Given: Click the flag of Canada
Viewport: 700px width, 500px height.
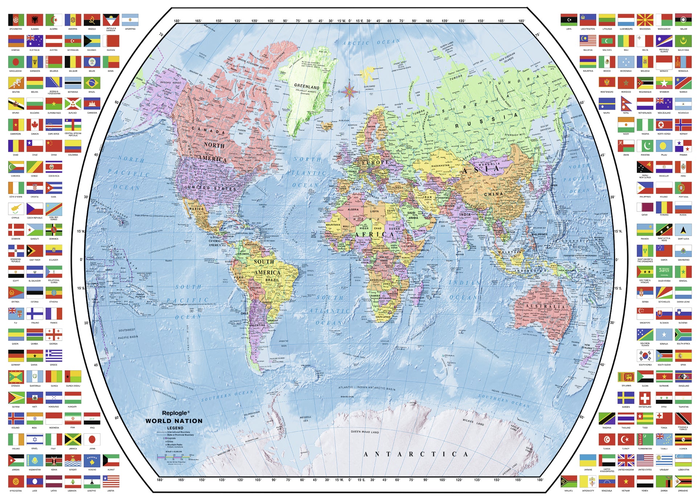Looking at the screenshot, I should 35,125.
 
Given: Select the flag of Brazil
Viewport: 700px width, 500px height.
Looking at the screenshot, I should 92,83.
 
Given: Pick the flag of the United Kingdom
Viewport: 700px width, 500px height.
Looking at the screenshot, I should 626,460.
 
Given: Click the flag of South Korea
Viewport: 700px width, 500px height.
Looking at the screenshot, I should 645,356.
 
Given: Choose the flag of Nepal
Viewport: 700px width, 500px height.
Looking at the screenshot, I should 626,104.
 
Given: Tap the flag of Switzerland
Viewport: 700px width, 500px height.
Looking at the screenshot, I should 645,398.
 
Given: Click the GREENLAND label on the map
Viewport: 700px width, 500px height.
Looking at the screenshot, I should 307,87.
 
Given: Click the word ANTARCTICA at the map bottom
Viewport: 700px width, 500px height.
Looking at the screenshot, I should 416,454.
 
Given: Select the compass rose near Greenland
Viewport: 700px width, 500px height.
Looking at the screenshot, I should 349,91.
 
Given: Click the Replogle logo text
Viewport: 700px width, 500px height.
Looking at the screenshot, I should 175,413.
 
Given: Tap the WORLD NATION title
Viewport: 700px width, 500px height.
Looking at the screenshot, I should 174,421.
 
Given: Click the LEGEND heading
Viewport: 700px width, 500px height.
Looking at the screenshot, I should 175,428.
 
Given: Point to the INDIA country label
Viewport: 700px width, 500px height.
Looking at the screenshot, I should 465,214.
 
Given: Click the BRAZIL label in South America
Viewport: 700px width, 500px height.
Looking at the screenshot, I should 272,280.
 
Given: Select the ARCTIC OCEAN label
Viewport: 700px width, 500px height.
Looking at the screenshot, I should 371,42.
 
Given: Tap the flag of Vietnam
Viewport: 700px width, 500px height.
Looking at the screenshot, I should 626,481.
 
